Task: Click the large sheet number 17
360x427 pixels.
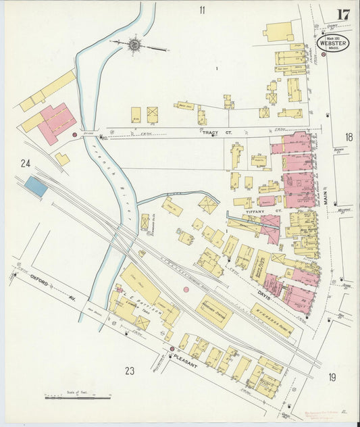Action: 343,14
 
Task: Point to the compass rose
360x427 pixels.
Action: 134,45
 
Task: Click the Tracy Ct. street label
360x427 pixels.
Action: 217,133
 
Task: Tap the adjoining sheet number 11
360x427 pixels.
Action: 201,10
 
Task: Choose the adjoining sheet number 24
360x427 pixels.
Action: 26,163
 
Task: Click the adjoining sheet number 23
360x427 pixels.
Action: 130,370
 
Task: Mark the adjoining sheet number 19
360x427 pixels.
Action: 332,377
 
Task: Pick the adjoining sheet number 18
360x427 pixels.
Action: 349,136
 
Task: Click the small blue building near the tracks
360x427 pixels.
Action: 36,186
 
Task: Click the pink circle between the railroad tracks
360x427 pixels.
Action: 186,289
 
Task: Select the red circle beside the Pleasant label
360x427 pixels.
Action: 172,349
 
